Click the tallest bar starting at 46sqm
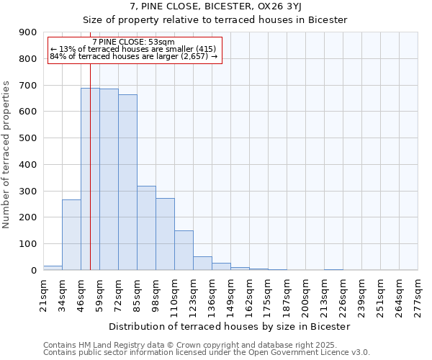coord(90,179)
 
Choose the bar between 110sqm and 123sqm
coord(184,251)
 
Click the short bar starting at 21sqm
coord(53,268)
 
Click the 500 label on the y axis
coord(28,138)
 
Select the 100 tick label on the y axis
coord(28,244)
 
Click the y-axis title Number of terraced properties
coord(7,155)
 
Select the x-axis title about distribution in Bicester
coord(230,326)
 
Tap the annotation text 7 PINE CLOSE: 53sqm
coord(133,42)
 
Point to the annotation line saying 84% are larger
coord(133,56)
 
